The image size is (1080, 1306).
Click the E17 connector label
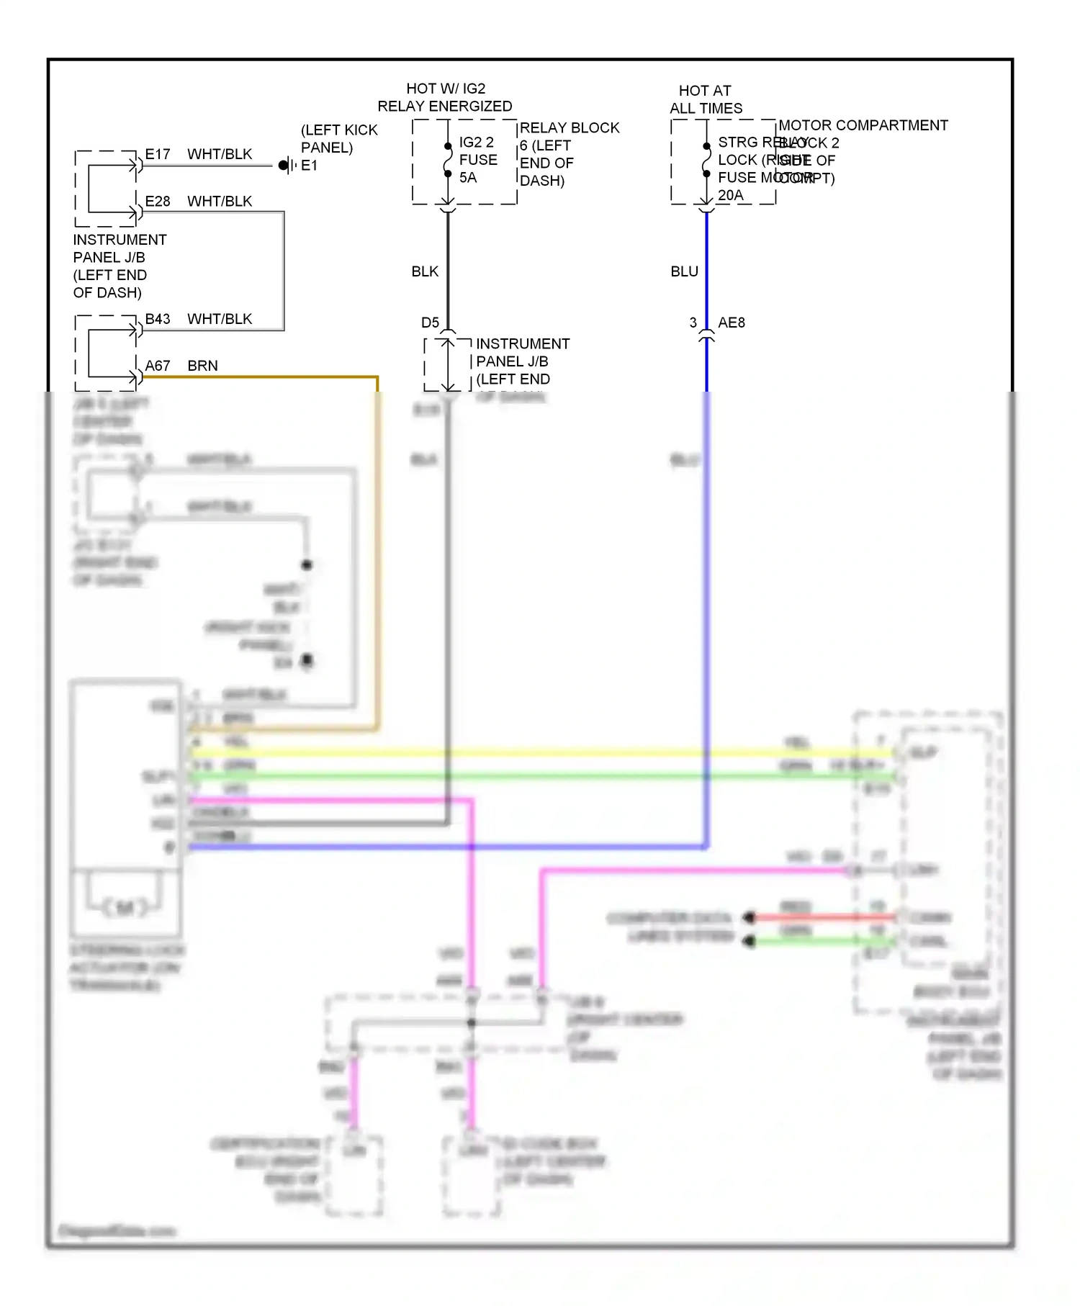click(158, 154)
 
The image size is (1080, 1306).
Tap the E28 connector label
click(158, 201)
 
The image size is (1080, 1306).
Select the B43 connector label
click(158, 319)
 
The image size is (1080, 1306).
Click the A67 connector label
click(158, 366)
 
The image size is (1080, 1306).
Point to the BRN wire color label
click(202, 366)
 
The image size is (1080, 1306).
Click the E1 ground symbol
click(287, 166)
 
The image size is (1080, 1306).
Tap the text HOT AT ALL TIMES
click(706, 99)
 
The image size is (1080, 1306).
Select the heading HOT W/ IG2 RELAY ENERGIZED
click(445, 97)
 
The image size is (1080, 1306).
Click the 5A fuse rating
click(468, 178)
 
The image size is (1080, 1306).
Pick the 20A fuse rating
click(730, 195)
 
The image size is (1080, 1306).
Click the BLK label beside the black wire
click(425, 271)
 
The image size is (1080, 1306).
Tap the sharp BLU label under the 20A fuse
click(684, 271)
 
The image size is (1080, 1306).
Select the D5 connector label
click(430, 323)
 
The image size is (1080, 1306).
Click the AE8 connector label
click(732, 323)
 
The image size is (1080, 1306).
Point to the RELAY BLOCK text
click(570, 127)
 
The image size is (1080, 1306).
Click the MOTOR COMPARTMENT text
click(863, 125)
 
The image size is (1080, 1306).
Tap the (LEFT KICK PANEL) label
click(338, 138)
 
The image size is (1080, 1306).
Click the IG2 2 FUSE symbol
click(448, 160)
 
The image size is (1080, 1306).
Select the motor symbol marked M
click(125, 907)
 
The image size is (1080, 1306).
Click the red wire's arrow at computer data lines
click(750, 917)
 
